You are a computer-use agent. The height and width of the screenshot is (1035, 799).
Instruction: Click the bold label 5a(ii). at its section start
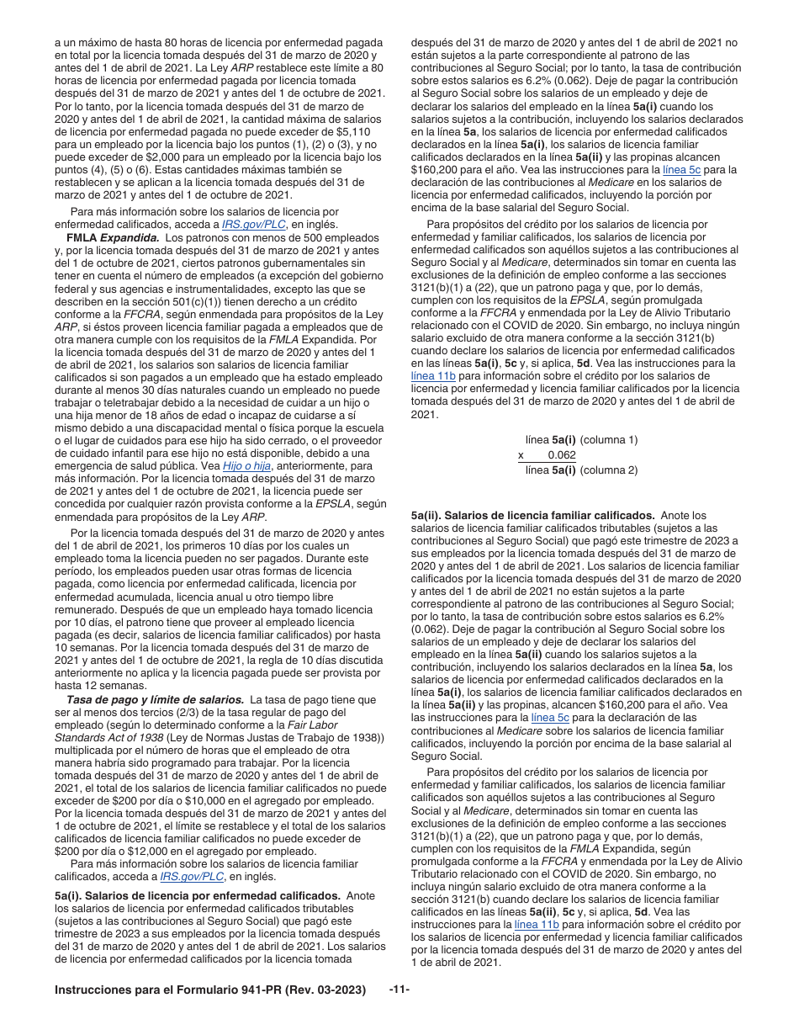click(426, 515)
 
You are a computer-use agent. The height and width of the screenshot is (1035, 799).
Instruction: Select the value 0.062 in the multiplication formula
click(562, 454)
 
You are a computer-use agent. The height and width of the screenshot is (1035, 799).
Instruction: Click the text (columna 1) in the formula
click(609, 439)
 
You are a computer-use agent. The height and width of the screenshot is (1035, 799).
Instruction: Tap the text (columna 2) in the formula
click(609, 470)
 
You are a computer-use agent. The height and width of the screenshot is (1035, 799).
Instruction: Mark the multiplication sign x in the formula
click(521, 454)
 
